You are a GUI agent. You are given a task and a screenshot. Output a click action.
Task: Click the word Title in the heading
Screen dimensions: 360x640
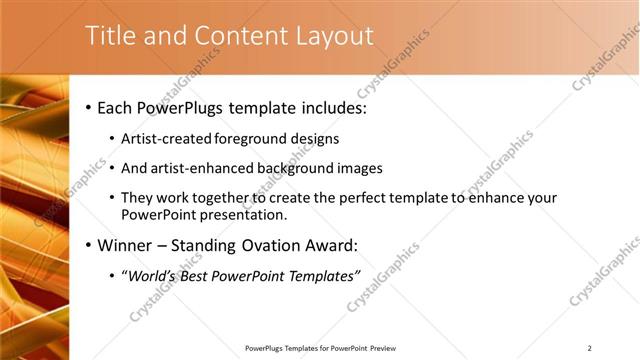[x=110, y=36]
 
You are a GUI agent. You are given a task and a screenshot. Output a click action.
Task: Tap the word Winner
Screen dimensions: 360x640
[x=123, y=245]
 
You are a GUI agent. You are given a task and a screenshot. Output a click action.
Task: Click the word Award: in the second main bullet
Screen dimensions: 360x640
[x=334, y=245]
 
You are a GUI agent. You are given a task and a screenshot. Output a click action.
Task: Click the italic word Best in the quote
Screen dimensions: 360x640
[x=196, y=276]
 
